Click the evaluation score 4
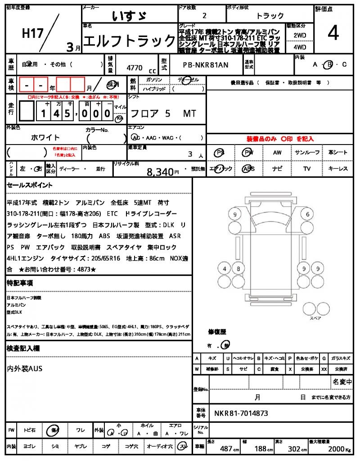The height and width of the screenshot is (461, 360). click(x=333, y=34)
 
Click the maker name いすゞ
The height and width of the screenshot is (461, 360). click(x=129, y=17)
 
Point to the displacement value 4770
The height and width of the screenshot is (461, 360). click(x=135, y=68)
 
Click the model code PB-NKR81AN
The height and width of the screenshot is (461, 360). click(x=206, y=65)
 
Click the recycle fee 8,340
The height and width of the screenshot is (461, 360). click(x=160, y=172)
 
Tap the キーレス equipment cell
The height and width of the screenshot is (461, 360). click(x=338, y=169)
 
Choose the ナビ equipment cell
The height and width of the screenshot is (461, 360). click(x=277, y=169)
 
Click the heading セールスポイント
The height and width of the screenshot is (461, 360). click(x=30, y=185)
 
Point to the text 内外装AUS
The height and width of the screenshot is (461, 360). click(x=25, y=369)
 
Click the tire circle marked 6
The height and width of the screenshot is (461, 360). click(x=308, y=214)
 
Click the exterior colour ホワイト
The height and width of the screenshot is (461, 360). click(x=45, y=137)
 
